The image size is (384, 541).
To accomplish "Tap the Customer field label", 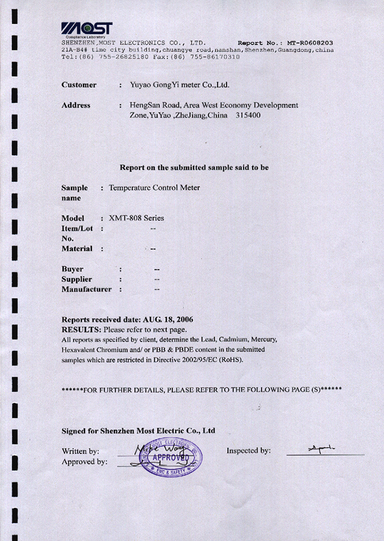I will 79,85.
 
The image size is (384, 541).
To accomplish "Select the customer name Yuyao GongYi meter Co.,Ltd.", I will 179,85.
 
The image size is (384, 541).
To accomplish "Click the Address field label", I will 76,105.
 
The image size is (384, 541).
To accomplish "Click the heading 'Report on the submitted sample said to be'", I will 194,167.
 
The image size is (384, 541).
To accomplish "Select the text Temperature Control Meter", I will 154,187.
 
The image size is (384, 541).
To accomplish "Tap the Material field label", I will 77,248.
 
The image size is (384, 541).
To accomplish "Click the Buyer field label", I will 72,269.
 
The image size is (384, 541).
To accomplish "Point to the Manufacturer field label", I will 86,289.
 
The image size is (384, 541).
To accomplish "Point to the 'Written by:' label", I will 81,451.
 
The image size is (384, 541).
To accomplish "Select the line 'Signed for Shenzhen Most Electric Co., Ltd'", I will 138,431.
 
